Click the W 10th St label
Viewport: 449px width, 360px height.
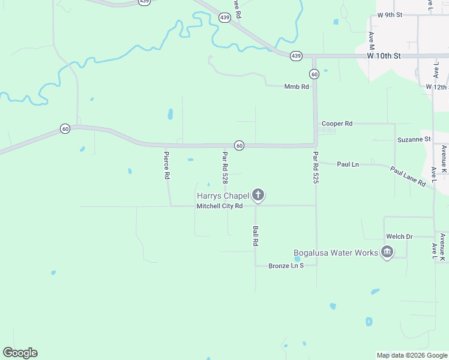coord(384,56)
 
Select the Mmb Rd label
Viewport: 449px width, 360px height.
coord(297,86)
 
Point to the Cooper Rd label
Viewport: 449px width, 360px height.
coord(337,124)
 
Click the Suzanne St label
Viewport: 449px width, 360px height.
coord(414,139)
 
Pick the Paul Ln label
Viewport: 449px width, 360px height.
coord(348,164)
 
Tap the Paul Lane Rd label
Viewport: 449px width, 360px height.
coord(408,176)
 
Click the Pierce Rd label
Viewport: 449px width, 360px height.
coord(167,166)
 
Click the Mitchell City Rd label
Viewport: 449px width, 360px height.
coord(219,206)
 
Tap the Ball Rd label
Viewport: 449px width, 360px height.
coord(256,236)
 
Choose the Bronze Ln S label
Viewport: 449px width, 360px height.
coord(286,265)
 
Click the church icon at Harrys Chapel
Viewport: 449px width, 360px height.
coord(258,194)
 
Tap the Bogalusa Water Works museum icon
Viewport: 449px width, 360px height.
coord(387,252)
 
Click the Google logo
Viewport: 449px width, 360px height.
coord(20,353)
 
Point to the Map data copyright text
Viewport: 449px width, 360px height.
coord(412,355)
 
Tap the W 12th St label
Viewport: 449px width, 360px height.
coord(437,87)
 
